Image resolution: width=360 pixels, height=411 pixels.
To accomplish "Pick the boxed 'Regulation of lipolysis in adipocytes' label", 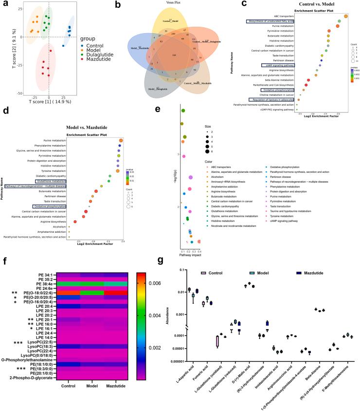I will [273, 99].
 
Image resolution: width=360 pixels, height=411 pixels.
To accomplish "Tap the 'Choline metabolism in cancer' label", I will [276, 94].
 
